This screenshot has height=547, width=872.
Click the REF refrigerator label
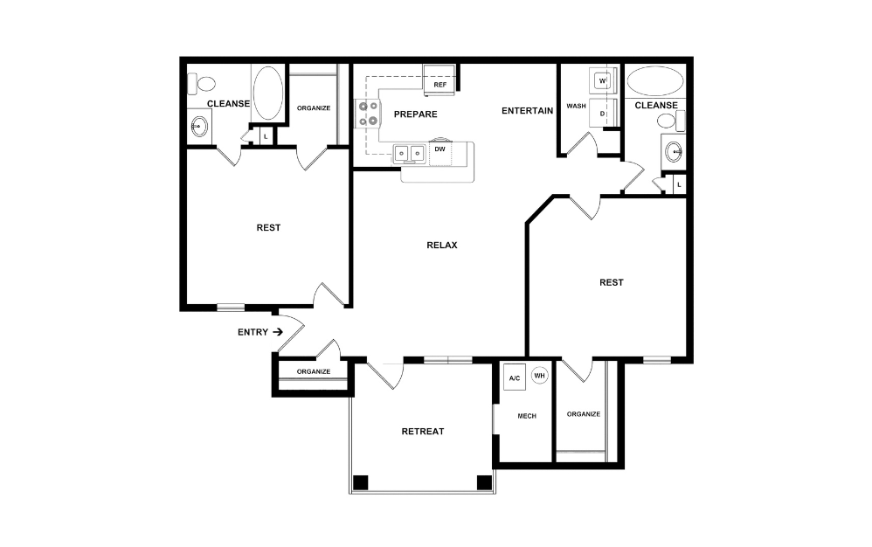tap(439, 85)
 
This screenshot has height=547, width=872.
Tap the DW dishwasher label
tap(439, 149)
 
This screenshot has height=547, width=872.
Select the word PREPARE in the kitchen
tap(415, 114)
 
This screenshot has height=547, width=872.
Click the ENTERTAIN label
tap(527, 111)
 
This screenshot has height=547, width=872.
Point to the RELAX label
tap(442, 246)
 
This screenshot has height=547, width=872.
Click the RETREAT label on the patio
tap(423, 432)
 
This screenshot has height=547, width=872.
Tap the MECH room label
tap(527, 416)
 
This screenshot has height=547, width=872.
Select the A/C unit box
tap(515, 377)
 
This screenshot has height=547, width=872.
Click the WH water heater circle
tap(539, 376)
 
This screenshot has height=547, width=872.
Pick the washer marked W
tap(602, 81)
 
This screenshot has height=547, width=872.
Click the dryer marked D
tap(602, 113)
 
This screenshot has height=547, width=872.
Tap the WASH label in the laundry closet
tap(576, 106)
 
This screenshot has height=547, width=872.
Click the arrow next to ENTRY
tap(278, 332)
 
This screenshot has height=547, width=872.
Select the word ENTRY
tap(253, 332)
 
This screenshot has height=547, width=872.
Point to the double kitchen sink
tap(409, 153)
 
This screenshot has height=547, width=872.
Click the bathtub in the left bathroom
tap(268, 93)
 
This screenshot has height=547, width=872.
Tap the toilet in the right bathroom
tap(671, 120)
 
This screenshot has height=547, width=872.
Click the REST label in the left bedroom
tap(268, 227)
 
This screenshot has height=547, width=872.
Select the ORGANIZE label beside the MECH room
tap(584, 414)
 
